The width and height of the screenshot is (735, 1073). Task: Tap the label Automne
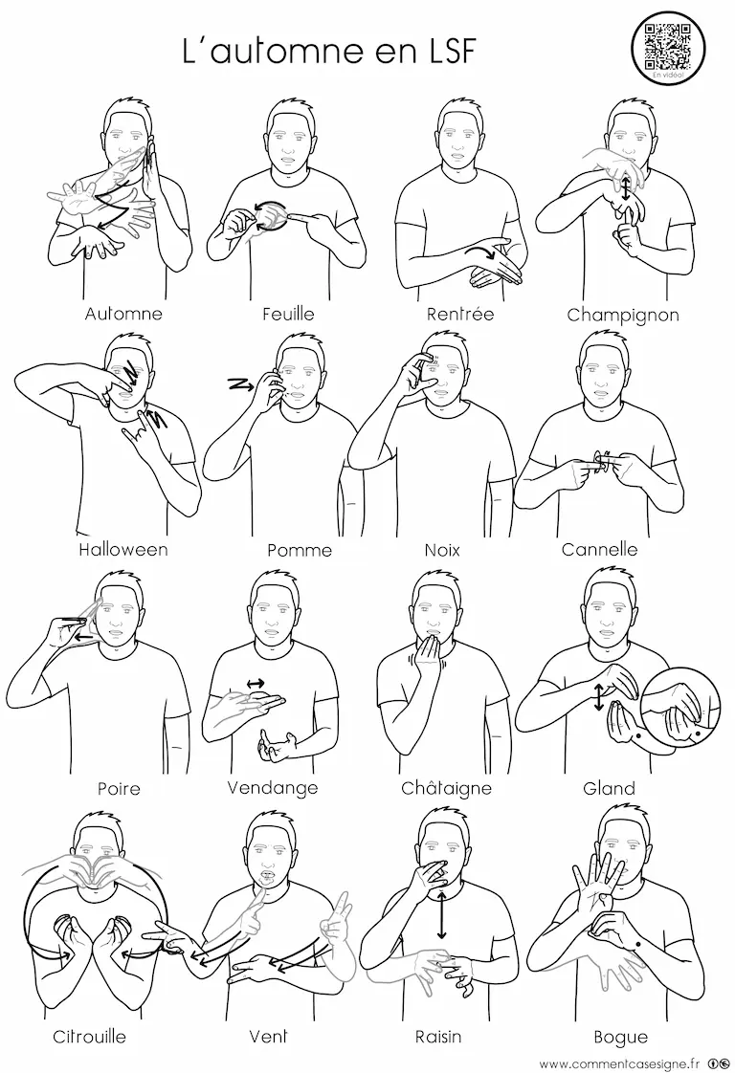tap(124, 314)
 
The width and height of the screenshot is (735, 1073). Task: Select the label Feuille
tap(288, 314)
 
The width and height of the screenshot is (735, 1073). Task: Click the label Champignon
tap(623, 316)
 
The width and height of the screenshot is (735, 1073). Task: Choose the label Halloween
tap(123, 550)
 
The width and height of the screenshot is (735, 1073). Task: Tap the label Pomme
tap(300, 550)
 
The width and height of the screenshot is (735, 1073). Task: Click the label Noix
tap(442, 550)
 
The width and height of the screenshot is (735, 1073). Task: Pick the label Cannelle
tap(599, 550)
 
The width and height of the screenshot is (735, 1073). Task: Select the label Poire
tap(120, 788)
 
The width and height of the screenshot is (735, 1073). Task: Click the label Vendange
tap(273, 788)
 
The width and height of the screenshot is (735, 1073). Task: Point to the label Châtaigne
tap(447, 788)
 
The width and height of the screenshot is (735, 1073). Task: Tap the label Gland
tap(609, 788)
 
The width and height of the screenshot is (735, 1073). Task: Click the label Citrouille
tap(90, 1037)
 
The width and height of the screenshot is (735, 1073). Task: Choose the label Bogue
tap(620, 1038)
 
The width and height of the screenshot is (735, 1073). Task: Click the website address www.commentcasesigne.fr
tap(620, 1062)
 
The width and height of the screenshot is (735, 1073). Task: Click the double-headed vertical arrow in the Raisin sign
tap(442, 914)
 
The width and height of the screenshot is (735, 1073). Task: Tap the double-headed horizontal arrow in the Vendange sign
tap(256, 682)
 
